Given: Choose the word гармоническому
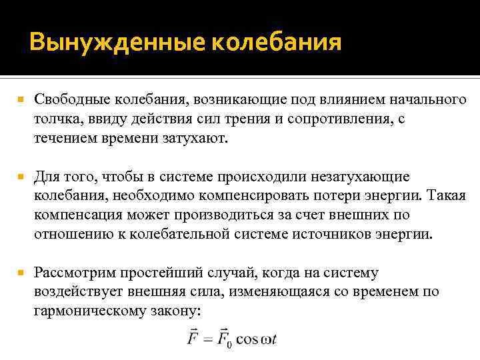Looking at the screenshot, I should (95, 311).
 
